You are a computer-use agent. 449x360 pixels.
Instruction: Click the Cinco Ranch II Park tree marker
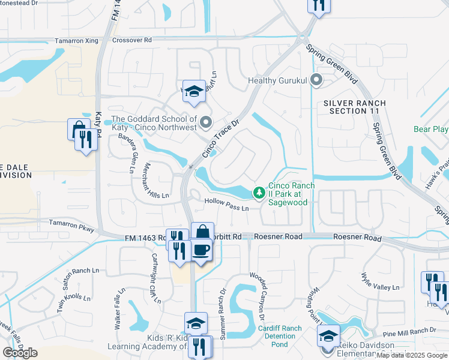259,193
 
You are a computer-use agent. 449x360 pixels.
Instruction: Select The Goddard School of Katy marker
206,123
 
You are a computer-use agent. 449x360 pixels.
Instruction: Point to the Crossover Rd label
132,40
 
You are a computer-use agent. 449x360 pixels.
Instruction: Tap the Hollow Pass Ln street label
226,205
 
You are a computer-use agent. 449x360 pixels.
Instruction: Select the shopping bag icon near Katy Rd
78,128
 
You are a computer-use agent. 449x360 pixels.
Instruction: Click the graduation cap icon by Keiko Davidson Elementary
329,335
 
